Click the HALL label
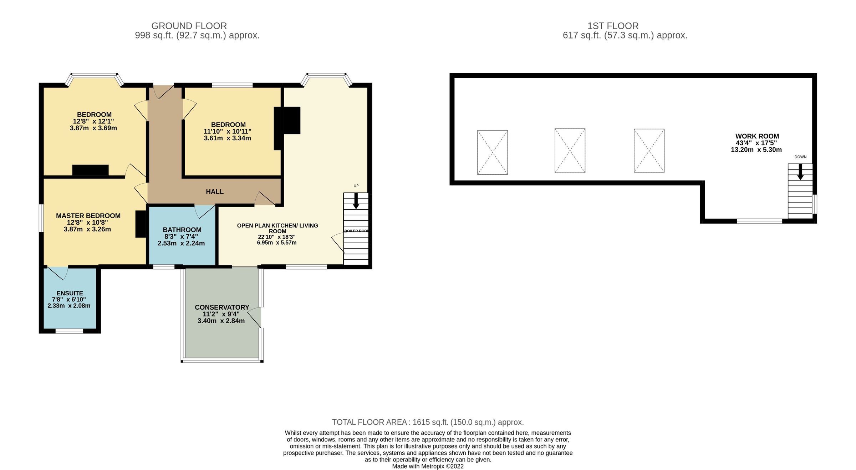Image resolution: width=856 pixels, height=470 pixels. (215, 192)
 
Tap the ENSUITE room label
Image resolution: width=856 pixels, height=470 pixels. (70, 293)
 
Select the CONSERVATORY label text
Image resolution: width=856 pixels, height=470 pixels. (222, 307)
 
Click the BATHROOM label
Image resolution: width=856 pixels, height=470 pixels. (182, 230)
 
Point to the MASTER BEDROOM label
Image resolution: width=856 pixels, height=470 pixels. (88, 216)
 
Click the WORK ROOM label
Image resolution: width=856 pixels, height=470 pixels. (757, 136)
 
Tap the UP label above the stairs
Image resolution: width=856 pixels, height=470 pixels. (356, 186)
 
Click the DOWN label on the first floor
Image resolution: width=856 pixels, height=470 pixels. (800, 157)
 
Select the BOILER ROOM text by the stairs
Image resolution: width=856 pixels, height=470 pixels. (356, 231)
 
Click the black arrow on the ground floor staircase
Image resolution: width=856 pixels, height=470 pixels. (356, 201)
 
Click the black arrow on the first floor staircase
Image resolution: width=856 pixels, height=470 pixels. (800, 172)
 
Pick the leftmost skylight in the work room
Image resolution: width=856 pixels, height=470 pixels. (492, 152)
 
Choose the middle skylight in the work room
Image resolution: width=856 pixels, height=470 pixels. (570, 151)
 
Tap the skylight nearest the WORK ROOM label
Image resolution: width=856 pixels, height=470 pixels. (649, 151)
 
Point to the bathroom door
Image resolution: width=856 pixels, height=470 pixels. (204, 211)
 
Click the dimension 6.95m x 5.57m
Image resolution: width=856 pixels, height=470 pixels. (276, 243)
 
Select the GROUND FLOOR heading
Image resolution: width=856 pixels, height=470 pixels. (189, 26)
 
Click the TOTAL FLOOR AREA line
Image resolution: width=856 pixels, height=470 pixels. (428, 422)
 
